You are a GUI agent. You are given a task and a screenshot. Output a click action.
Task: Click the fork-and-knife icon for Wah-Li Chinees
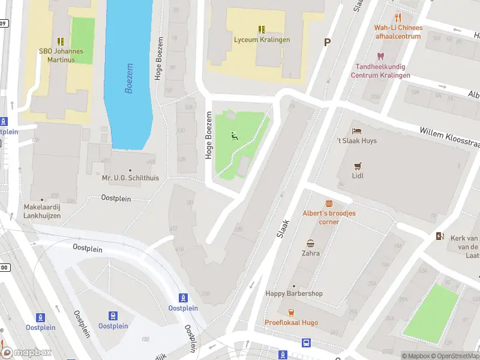tap(398, 17)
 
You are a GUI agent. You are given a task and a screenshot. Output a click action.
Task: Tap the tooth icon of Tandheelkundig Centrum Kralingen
tap(380, 56)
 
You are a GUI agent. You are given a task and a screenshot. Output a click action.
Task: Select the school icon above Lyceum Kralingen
tap(262, 29)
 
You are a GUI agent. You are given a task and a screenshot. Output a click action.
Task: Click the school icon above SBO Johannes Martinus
tap(61, 41)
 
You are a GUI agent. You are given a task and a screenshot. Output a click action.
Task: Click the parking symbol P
tap(327, 43)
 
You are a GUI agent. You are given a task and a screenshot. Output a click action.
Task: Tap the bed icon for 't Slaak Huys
tap(357, 130)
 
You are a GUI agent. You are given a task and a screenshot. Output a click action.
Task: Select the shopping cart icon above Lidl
tap(358, 166)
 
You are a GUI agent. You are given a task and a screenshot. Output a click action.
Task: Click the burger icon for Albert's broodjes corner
tap(329, 203)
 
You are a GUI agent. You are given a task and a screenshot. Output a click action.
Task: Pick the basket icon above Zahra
tap(311, 243)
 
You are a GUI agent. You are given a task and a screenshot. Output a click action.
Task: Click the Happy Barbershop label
tap(294, 293)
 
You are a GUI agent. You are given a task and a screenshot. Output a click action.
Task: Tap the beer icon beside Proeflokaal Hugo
tap(291, 313)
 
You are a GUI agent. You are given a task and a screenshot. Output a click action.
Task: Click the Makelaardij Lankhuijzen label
tap(42, 211)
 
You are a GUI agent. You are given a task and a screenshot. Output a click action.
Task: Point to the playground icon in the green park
tap(234, 136)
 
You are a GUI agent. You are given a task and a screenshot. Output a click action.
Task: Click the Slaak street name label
tap(283, 229)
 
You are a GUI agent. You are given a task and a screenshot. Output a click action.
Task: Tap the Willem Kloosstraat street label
tap(449, 137)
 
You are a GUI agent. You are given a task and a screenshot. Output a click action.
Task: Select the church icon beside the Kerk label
tap(440, 236)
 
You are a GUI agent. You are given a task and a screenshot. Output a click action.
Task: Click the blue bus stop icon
tap(307, 343)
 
